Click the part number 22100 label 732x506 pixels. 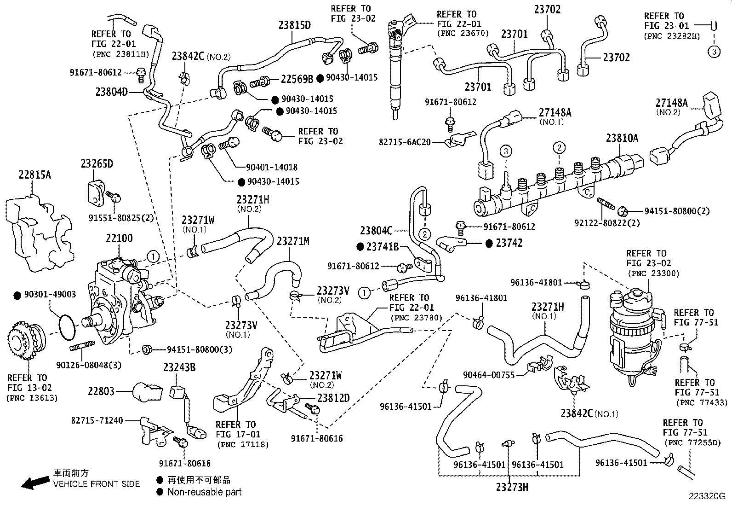click(119, 238)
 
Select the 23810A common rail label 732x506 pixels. click(622, 138)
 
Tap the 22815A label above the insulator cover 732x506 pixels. click(35, 175)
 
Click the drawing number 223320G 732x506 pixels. click(706, 496)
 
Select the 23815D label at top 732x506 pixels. click(294, 25)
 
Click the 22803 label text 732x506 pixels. click(101, 391)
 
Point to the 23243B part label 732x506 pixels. click(179, 367)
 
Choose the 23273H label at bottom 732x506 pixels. click(512, 487)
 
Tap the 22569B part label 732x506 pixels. click(297, 79)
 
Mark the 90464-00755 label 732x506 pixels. click(488, 375)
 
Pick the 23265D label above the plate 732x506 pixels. click(97, 164)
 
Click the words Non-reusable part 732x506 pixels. click(204, 492)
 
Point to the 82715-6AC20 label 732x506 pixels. click(405, 142)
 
